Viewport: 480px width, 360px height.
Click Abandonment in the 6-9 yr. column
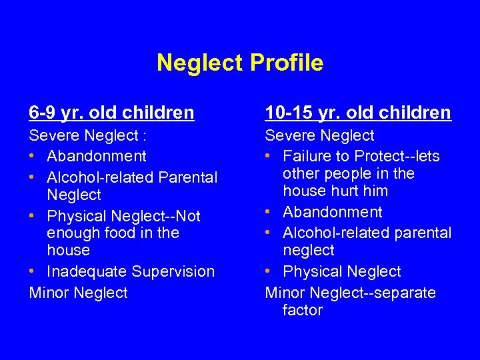(97, 156)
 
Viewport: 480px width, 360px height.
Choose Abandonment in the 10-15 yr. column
(333, 212)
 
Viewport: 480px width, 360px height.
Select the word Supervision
(173, 271)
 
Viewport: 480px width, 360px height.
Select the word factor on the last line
(303, 310)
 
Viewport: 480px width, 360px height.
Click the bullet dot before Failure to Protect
(269, 157)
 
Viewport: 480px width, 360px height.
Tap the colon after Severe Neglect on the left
(143, 136)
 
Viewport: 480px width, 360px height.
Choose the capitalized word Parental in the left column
(189, 177)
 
